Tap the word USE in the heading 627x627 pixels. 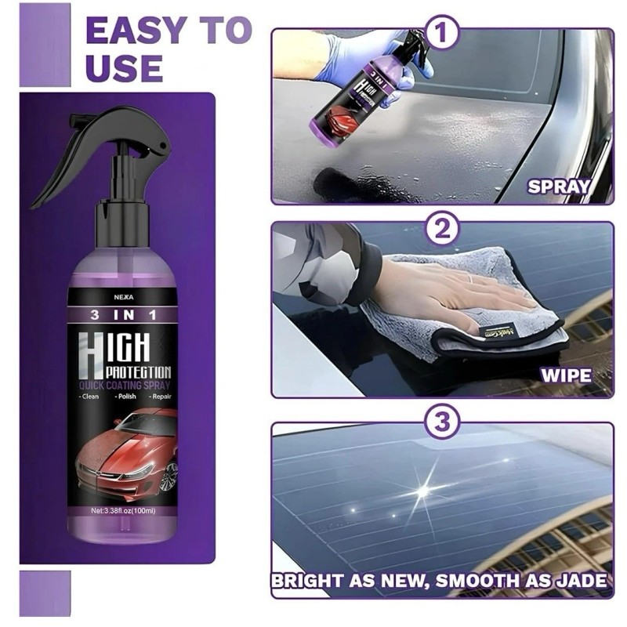[124, 67]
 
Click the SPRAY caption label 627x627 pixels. [558, 187]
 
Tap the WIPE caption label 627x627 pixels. [567, 375]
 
